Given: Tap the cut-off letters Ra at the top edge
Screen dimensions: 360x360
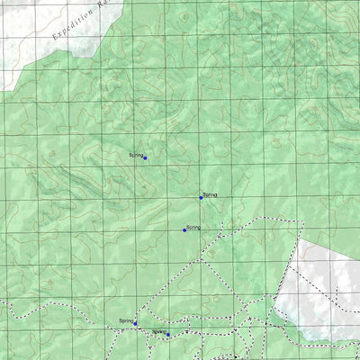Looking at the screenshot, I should (x=104, y=4).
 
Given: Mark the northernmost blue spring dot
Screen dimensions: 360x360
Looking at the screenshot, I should (x=145, y=157).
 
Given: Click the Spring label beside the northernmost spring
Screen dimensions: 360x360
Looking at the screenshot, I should (x=135, y=156).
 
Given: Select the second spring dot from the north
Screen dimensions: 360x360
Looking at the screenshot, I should (x=201, y=197).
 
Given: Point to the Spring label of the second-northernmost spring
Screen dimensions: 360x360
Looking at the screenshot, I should (x=211, y=194).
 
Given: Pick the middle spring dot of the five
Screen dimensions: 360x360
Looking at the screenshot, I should (x=184, y=230).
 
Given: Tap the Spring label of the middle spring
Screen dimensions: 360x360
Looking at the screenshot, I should (x=193, y=228).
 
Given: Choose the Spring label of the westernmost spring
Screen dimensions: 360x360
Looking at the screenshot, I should (x=126, y=321).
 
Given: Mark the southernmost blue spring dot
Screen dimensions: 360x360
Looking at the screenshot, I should (x=168, y=335).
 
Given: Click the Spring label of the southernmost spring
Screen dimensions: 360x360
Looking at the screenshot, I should (x=158, y=332).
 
